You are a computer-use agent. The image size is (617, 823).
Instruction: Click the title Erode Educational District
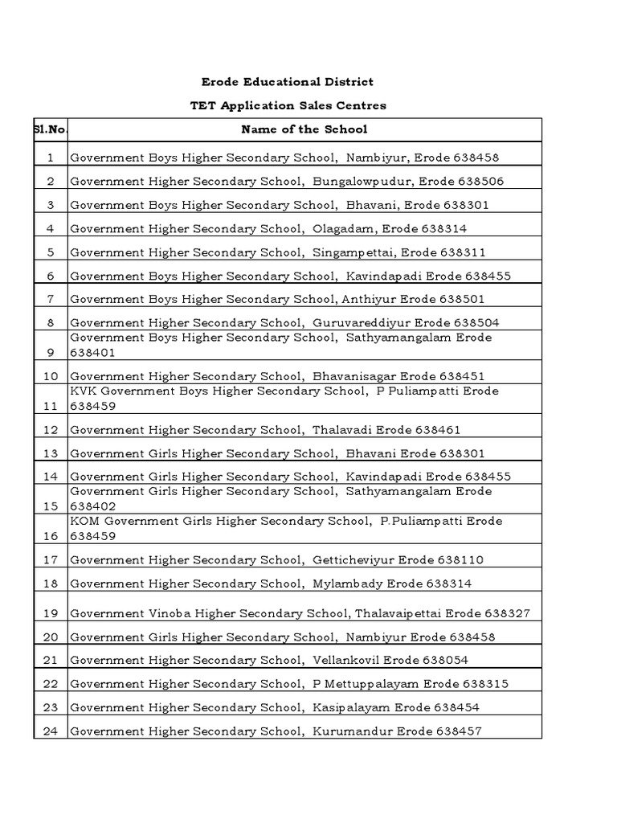[287, 82]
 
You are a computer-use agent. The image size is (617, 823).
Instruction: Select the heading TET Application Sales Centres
[288, 105]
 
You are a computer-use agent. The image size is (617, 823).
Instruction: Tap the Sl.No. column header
[51, 129]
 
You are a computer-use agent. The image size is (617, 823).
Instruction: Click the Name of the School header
[304, 129]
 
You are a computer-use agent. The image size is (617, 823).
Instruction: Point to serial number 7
[51, 299]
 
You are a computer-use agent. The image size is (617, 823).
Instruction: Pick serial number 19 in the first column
[51, 613]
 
